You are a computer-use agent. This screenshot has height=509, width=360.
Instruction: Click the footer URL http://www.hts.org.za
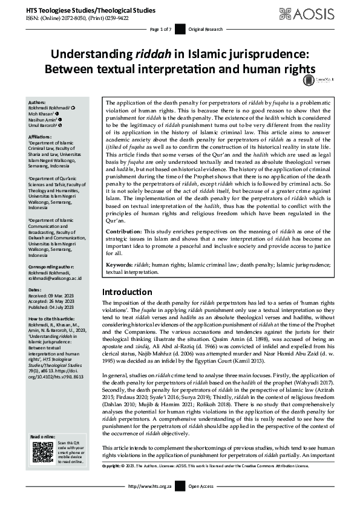pos(151,503)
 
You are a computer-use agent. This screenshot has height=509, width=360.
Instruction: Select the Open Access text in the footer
pos(201,503)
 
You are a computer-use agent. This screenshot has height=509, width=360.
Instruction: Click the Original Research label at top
pos(205,29)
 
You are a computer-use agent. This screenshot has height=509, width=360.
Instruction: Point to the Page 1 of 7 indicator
pos(162,29)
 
